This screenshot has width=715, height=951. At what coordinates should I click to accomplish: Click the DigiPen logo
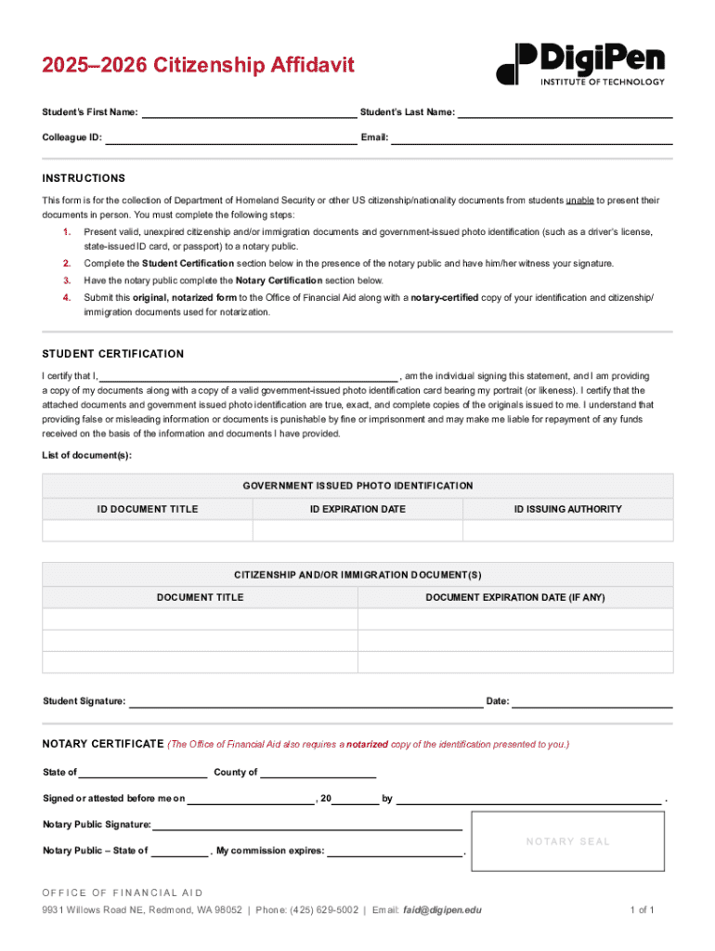click(581, 63)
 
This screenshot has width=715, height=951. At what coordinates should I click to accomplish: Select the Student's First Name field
click(248, 113)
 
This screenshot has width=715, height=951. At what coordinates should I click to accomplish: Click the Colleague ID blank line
click(230, 139)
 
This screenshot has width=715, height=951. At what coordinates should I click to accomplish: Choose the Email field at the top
click(531, 139)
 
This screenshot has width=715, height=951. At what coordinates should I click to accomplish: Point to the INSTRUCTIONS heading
click(84, 178)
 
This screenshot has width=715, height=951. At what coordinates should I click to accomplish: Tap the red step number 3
click(67, 280)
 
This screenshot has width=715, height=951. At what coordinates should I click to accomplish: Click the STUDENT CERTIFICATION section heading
click(113, 354)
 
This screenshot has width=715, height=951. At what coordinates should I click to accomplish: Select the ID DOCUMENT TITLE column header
click(148, 509)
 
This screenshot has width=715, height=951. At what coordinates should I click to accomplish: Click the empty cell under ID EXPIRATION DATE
click(357, 530)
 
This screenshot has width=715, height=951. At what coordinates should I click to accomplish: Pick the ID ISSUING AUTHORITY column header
click(568, 509)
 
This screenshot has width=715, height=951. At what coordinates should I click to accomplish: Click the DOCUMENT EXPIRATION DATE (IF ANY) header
click(515, 597)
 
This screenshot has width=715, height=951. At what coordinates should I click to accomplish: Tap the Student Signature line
click(305, 702)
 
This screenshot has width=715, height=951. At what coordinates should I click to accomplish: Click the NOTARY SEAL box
click(567, 841)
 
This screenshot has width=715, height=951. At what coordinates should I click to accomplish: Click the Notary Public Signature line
click(307, 825)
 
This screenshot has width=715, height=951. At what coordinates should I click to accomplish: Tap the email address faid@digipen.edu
click(442, 910)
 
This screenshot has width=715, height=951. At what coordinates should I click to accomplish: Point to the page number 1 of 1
click(643, 910)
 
